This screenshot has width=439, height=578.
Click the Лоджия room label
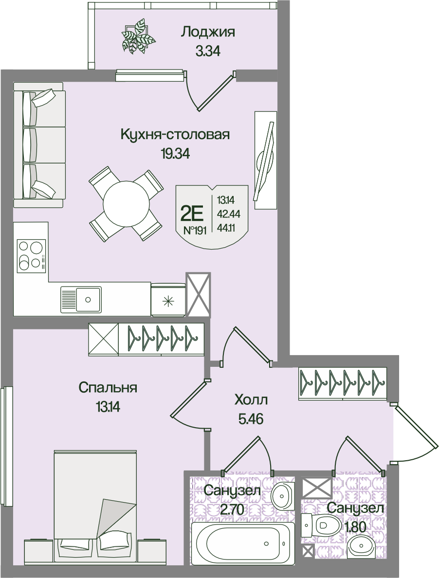(x=207, y=33)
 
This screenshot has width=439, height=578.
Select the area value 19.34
(x=175, y=154)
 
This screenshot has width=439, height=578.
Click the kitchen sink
(x=81, y=299)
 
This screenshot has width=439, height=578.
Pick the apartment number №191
(x=195, y=231)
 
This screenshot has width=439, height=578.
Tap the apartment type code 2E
(x=192, y=213)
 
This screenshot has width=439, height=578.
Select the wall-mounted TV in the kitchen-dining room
(x=265, y=160)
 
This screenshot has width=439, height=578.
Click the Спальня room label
(x=108, y=388)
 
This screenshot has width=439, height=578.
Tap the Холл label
(x=251, y=399)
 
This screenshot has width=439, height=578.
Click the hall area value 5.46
(x=251, y=419)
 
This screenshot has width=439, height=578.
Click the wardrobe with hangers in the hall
(x=343, y=383)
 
